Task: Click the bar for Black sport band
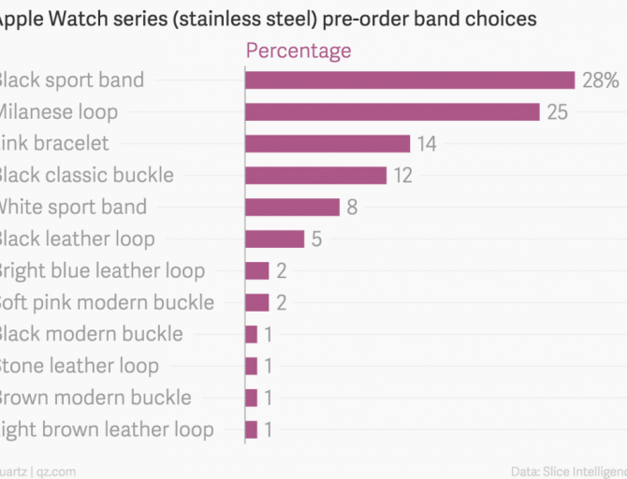409,80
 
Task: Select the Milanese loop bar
392,111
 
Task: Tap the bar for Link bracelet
327,143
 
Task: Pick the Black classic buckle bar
315,175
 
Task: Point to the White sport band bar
292,207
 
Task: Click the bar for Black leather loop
274,239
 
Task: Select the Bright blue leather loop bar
256,270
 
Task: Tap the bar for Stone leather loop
251,366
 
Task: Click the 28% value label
600,80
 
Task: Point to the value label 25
556,112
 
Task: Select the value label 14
428,144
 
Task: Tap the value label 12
403,176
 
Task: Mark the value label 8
352,208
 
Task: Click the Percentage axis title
299,51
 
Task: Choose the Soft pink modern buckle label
105,302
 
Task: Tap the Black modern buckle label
90,334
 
